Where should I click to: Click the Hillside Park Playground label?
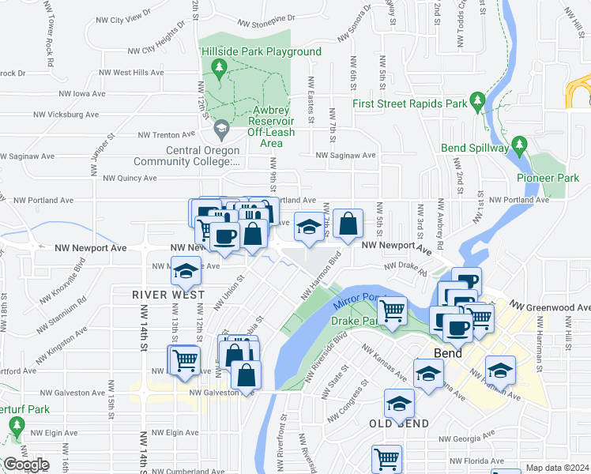pos(262,52)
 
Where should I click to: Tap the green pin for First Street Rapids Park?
pos(477,101)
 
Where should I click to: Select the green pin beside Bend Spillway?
pos(519,144)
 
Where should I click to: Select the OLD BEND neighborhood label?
pos(399,424)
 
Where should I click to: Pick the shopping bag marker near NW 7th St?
pos(348,224)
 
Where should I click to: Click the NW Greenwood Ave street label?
pos(550,307)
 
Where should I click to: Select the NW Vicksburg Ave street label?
pos(70,115)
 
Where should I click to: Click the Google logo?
pos(26,465)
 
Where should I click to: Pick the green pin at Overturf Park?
pos(17,427)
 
